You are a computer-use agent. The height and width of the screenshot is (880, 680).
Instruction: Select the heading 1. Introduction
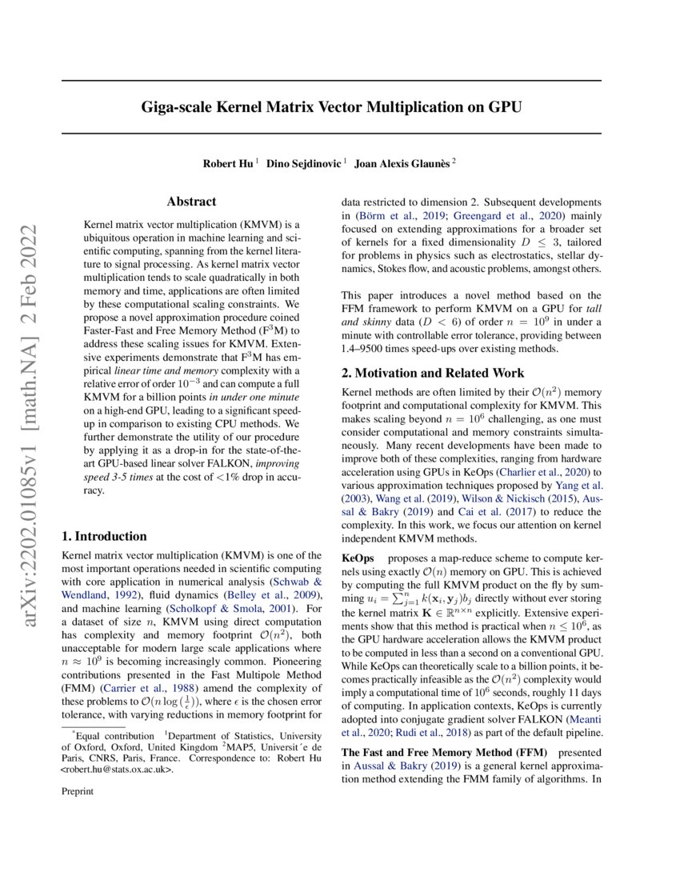[104, 536]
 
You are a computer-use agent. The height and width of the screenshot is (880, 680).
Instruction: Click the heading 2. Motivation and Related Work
[433, 373]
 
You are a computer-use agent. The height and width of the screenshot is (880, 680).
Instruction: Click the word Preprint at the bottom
[78, 791]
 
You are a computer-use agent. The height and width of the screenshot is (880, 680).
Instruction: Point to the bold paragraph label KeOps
[356, 555]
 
